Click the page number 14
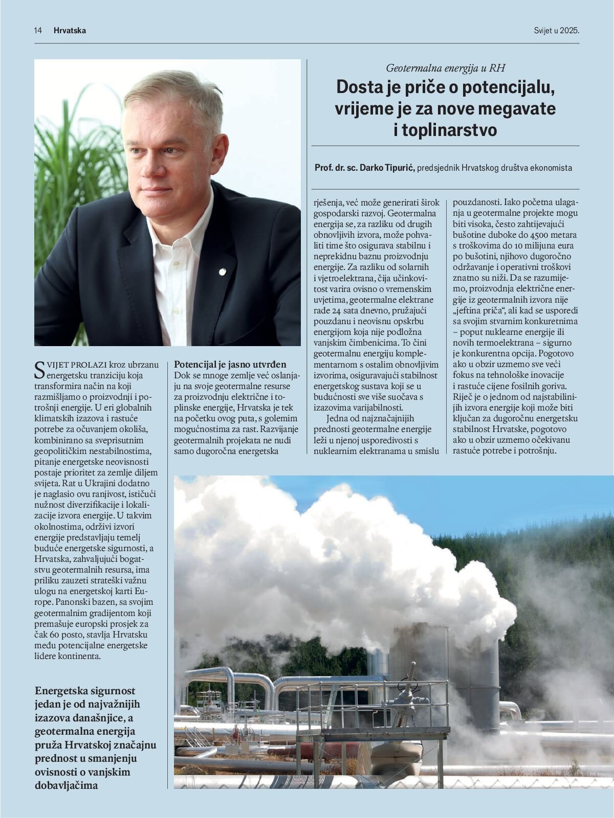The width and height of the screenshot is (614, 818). tap(38, 31)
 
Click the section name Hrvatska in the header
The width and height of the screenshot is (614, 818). tap(70, 31)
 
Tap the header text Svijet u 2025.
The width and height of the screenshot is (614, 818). tap(556, 31)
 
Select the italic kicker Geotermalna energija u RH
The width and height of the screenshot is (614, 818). tap(445, 67)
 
